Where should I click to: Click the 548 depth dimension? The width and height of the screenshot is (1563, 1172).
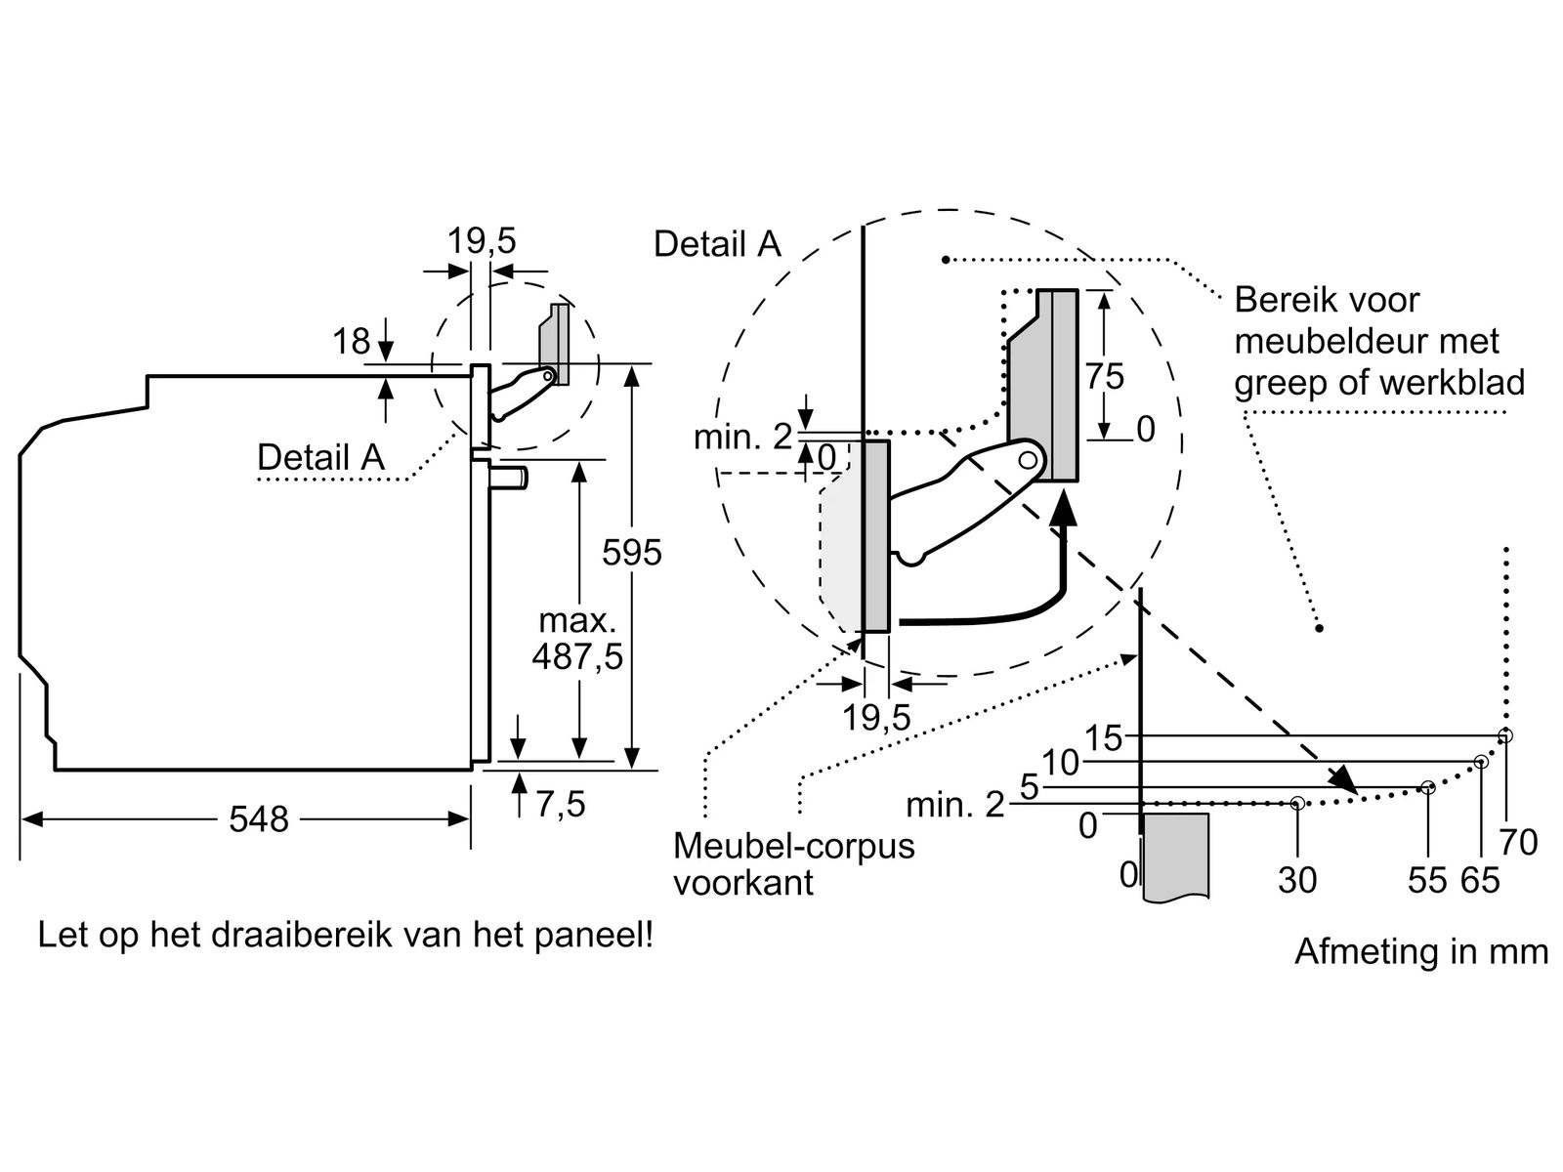[259, 818]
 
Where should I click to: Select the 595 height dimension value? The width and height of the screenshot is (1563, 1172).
[632, 553]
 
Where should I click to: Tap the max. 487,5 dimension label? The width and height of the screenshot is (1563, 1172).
[577, 640]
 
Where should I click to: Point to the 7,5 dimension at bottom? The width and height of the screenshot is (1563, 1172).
[561, 804]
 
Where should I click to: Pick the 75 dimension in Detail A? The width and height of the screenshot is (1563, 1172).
[1105, 376]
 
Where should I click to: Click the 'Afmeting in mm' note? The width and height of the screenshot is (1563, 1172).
[1420, 950]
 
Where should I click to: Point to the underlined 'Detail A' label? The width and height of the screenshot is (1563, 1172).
[320, 457]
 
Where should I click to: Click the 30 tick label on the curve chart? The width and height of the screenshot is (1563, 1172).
[1297, 880]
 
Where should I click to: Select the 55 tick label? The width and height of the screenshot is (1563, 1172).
[1426, 880]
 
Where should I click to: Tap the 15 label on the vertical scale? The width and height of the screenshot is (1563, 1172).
[1104, 737]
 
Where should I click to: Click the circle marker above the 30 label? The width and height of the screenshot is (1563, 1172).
[1297, 803]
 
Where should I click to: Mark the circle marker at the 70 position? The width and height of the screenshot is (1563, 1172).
[1505, 735]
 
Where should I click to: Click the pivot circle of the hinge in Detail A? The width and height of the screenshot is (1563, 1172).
[1028, 458]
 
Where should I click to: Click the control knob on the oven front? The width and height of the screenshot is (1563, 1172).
[510, 478]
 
